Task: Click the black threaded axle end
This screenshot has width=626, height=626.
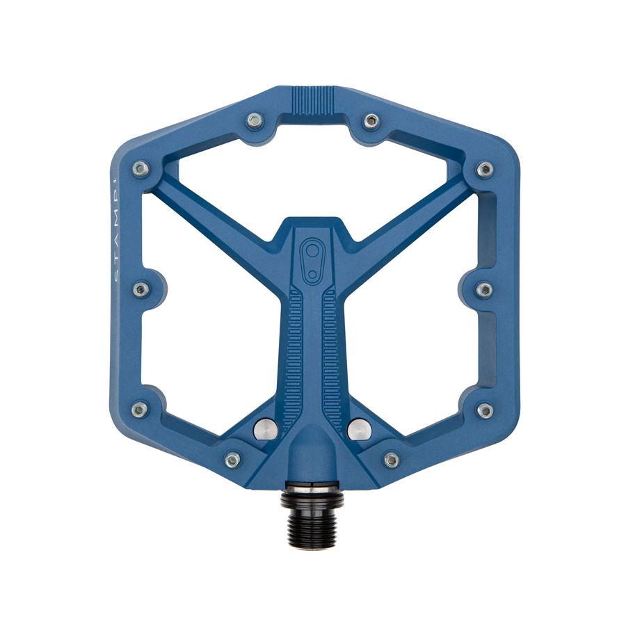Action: click(x=312, y=514)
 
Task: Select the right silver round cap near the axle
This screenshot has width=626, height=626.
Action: click(x=359, y=430)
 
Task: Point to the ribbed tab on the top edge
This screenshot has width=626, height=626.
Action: click(x=312, y=99)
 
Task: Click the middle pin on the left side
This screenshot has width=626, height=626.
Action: click(x=140, y=289)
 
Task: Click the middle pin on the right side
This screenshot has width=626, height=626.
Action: click(x=484, y=289)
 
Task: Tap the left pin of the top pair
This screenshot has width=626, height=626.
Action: click(x=255, y=120)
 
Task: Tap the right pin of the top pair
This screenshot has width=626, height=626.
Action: click(x=371, y=120)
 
